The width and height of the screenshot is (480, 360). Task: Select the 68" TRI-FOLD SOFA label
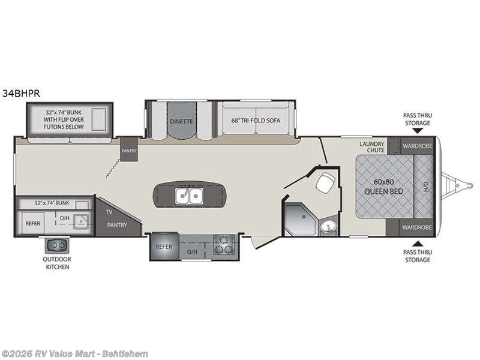(256, 120)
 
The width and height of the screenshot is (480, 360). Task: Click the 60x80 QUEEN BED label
(384, 187)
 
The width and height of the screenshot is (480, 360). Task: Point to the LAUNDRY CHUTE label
(372, 146)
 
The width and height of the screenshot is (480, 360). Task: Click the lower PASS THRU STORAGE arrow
(418, 243)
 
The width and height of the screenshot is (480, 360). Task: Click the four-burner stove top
(226, 246)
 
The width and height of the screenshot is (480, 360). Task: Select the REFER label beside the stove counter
(164, 247)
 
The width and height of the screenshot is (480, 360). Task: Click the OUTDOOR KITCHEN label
(56, 263)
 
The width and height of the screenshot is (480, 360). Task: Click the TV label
(109, 212)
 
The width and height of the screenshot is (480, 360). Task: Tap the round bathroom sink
(328, 227)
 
